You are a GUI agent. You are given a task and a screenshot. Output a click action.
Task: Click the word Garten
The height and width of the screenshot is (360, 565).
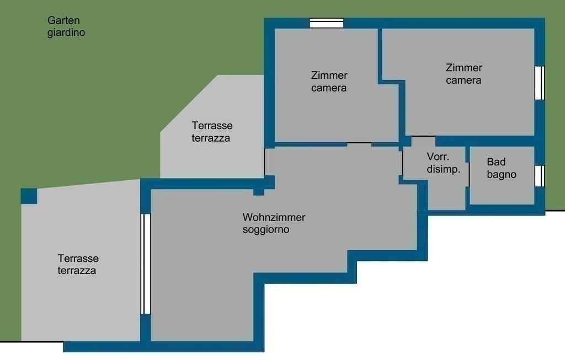coord(63,20)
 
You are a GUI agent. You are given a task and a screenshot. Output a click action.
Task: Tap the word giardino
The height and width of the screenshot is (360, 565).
coord(66,33)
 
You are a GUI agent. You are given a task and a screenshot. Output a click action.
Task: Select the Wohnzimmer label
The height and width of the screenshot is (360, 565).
coord(274,217)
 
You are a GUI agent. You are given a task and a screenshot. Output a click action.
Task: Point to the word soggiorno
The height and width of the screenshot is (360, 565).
coord(266,230)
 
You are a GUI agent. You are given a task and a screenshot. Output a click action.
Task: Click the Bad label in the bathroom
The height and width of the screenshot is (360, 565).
coord(496,162)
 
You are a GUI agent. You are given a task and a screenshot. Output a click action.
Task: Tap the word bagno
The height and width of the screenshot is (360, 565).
coord(502,175)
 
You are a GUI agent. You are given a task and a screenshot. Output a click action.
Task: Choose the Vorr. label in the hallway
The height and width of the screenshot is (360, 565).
coord(438,157)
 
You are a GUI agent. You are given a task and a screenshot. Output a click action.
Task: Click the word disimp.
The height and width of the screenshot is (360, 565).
coord(444,169)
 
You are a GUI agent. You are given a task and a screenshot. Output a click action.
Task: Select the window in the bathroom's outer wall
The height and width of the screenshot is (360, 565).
coord(540,176)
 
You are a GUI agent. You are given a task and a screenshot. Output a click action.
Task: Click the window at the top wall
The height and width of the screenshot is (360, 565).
coord(327,23)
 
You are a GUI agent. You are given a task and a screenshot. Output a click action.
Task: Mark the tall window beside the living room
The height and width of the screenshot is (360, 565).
coord(145,264)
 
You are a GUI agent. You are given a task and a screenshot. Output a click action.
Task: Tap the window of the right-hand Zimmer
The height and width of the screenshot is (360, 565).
coord(540,83)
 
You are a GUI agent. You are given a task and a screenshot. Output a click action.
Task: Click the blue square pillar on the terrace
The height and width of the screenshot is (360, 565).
coord(29,196)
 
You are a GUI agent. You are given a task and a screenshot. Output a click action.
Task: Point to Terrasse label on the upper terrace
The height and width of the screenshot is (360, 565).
coord(212,126)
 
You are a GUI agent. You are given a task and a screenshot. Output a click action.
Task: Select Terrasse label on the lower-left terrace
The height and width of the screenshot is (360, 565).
coord(78,259)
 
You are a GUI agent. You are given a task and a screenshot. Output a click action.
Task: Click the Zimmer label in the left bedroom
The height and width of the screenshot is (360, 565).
coord(329,75)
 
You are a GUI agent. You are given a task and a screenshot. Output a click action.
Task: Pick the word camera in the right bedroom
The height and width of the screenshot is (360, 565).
coord(463,80)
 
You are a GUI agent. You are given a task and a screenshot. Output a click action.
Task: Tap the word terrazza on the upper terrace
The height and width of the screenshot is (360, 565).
coord(211,138)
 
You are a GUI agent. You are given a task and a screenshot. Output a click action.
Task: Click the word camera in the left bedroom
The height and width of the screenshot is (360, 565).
coord(329,88)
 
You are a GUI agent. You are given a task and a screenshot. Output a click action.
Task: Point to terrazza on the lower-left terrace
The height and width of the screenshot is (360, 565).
coord(77,271)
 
